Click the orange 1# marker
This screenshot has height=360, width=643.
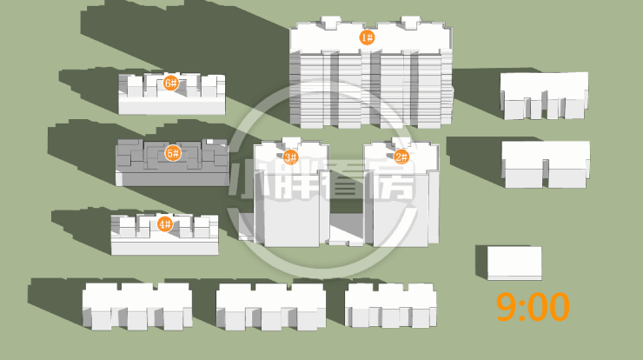(x=367, y=37)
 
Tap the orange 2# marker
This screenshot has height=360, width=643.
(x=401, y=157)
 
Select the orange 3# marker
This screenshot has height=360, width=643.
(x=290, y=157)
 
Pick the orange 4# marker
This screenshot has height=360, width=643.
(x=164, y=224)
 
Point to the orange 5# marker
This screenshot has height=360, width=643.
(x=172, y=154)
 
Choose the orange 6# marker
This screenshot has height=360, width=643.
(x=170, y=83)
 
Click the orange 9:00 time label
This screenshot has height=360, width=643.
(x=533, y=307)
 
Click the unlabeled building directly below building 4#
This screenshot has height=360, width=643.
(x=136, y=307)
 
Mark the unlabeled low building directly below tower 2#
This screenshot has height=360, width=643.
(x=390, y=305)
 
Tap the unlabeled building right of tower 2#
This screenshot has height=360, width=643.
(x=546, y=163)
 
